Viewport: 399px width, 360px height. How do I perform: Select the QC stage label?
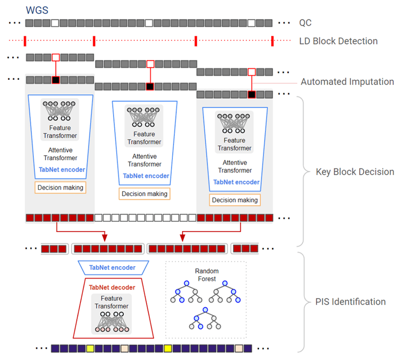click(x=305, y=23)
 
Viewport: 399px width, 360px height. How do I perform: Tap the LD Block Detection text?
click(x=338, y=41)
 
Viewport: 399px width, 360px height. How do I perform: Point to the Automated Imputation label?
click(x=347, y=81)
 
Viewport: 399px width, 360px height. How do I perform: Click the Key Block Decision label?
click(x=355, y=172)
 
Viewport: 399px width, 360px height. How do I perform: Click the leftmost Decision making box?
click(x=60, y=187)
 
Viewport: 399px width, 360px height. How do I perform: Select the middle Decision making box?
click(x=145, y=194)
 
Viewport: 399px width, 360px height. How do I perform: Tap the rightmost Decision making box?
click(x=235, y=200)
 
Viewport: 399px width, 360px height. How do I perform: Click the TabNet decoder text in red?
click(x=112, y=287)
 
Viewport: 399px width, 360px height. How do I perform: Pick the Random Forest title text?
click(x=207, y=275)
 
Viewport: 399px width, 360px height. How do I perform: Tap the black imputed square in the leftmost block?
click(x=56, y=80)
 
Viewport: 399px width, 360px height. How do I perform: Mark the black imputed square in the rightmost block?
click(x=251, y=94)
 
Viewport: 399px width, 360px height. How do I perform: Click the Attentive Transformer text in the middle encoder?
click(x=145, y=160)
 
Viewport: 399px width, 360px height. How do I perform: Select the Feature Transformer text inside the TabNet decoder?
click(x=112, y=303)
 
